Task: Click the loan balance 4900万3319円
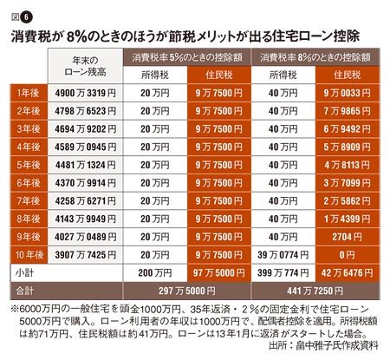[x=86, y=93]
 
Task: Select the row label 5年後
[x=29, y=165]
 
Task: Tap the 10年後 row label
[x=29, y=255]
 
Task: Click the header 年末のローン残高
[x=85, y=66]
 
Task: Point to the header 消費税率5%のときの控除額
[x=187, y=57]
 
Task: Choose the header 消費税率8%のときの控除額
[x=315, y=57]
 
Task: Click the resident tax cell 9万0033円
[x=347, y=93]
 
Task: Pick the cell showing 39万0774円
[x=283, y=255]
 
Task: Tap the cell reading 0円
[x=347, y=255]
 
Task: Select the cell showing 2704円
[x=347, y=237]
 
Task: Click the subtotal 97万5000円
[x=219, y=272]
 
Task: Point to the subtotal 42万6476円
[x=347, y=272]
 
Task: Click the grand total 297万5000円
[x=187, y=291]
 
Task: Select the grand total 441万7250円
[x=315, y=291]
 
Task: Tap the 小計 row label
[x=25, y=272]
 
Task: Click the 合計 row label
[x=25, y=291]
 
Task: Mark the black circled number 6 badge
[x=26, y=17]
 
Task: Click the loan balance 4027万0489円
[x=86, y=237]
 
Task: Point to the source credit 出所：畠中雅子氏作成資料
[x=323, y=345]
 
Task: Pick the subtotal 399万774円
[x=283, y=272]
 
